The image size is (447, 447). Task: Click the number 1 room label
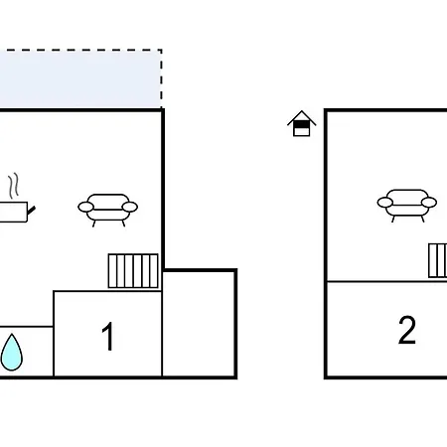108,336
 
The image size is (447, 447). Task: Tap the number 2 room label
407,330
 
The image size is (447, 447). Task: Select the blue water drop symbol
12,353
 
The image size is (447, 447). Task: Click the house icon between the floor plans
302,123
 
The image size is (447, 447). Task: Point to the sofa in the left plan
108,210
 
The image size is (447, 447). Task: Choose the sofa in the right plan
407,206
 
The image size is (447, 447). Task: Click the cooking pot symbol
15,212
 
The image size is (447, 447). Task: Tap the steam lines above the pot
13,186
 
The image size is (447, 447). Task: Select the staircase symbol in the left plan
133,271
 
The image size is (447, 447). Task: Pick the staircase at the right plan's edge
438,260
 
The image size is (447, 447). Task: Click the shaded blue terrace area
80,78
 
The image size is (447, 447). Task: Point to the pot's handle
32,210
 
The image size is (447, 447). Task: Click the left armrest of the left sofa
85,207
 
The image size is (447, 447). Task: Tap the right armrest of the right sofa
429,202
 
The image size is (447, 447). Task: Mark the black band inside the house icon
302,124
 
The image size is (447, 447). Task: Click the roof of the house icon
302,117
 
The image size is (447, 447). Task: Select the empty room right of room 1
199,324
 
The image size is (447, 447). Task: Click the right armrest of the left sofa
130,207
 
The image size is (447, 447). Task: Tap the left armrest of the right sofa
385,202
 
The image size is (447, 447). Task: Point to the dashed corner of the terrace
161,51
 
